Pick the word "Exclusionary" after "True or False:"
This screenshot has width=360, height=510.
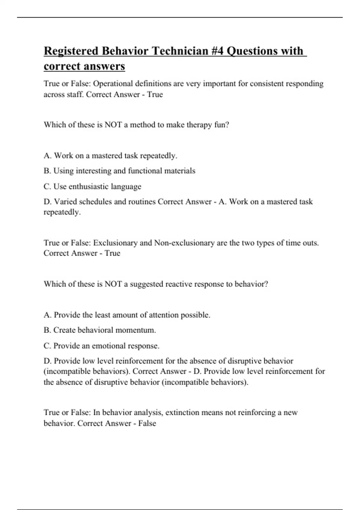click(x=115, y=242)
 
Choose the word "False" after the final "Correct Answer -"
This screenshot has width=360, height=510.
click(x=147, y=423)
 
